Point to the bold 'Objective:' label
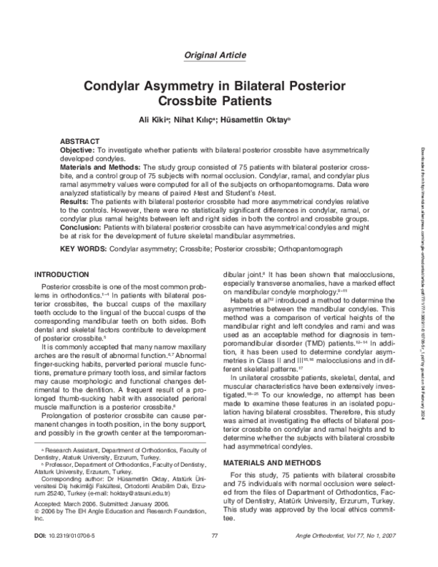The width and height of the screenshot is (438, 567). pos(79,149)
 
